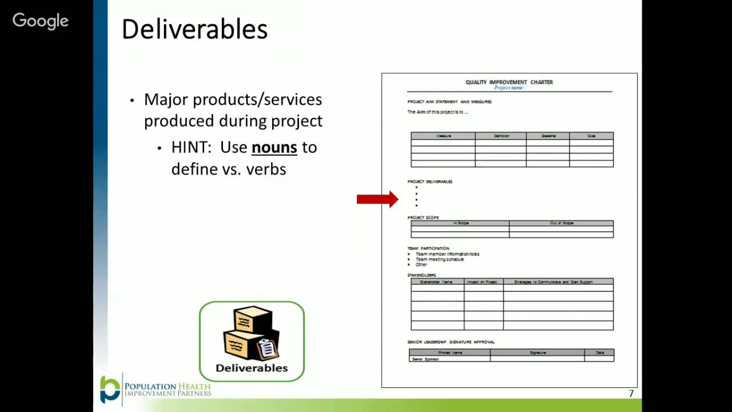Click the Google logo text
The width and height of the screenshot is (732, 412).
tap(41, 21)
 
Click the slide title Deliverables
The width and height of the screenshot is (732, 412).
tap(194, 30)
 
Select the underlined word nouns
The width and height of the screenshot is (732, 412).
tap(274, 147)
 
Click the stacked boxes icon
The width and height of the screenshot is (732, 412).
tap(250, 333)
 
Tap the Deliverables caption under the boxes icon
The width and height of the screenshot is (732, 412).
tap(252, 368)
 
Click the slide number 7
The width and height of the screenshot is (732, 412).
tap(631, 394)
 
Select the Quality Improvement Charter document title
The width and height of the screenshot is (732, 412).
tap(509, 82)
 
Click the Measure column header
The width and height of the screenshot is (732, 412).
tap(443, 136)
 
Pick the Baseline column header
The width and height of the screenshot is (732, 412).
tap(548, 136)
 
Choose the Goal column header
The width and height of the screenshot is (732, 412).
tap(591, 136)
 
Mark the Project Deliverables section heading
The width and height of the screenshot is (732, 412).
tap(430, 182)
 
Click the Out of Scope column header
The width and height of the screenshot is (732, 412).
tap(561, 223)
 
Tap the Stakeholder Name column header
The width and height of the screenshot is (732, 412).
tap(437, 282)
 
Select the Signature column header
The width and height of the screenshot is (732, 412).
tap(538, 352)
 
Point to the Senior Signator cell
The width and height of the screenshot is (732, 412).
tap(425, 359)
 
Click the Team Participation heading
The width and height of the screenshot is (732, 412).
tap(428, 248)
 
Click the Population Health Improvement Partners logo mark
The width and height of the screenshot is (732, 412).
tap(110, 389)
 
